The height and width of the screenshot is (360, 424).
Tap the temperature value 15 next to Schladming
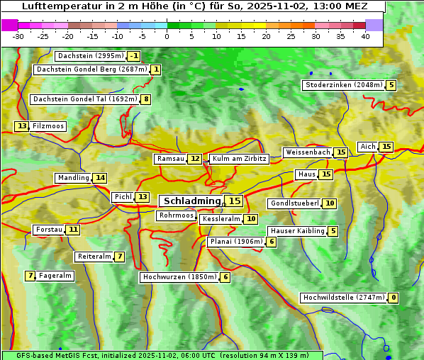(x=234, y=201)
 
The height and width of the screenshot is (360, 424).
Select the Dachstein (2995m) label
(x=89, y=56)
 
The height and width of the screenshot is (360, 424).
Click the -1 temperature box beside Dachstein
(x=134, y=56)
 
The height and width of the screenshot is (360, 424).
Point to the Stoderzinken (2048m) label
(x=343, y=85)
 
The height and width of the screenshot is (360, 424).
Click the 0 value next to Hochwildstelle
(x=393, y=298)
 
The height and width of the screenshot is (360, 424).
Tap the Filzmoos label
(x=48, y=126)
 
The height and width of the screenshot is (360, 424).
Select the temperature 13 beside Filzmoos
(x=22, y=126)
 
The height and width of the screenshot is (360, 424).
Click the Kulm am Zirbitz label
(x=239, y=159)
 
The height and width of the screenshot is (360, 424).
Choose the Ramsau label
(x=170, y=159)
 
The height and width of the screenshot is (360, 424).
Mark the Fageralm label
(x=55, y=276)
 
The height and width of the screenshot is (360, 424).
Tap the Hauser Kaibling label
(x=297, y=231)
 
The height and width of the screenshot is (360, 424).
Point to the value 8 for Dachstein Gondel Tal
(x=146, y=99)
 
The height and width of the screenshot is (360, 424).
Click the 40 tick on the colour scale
(x=365, y=36)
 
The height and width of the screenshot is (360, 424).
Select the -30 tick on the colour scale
(x=18, y=36)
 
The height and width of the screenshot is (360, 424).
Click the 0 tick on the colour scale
(x=167, y=36)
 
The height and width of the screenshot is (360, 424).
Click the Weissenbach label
(x=307, y=152)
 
